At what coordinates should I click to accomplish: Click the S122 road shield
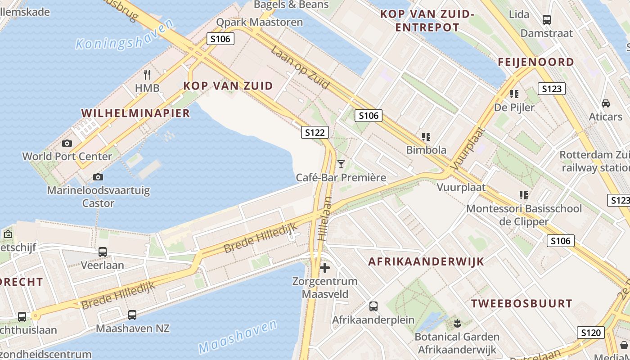[315, 132]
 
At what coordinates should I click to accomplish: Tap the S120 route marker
[591, 333]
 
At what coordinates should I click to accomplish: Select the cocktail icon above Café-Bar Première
[341, 164]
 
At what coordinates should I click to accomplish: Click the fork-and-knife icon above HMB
[147, 75]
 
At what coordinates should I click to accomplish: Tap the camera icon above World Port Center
[67, 143]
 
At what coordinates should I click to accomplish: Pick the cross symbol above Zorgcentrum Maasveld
[325, 268]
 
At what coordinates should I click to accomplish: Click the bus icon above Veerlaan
[103, 252]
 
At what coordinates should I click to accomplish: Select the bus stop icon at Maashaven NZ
[132, 315]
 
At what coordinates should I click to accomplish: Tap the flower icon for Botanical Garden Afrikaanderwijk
[457, 323]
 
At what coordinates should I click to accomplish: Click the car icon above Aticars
[606, 103]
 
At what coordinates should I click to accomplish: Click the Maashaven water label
[238, 337]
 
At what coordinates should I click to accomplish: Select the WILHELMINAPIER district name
[136, 113]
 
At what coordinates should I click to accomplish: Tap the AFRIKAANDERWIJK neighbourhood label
[426, 261]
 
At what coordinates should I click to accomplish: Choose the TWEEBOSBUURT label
[522, 303]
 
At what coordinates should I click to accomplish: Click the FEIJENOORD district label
[536, 62]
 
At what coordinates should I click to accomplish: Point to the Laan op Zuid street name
[300, 67]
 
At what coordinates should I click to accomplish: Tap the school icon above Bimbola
[426, 136]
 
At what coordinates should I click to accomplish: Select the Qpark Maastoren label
[260, 22]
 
